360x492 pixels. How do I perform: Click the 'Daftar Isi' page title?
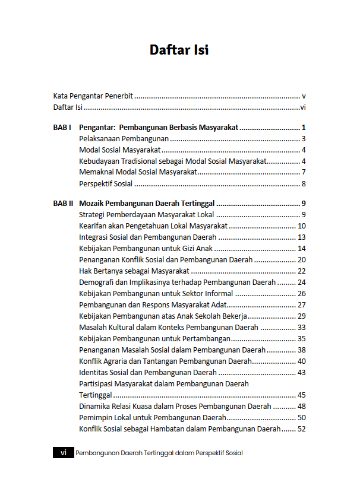click(179, 50)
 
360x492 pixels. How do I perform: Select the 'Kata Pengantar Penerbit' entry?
click(93, 95)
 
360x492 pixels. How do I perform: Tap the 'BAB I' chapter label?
click(62, 127)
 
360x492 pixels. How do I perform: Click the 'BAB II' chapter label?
click(63, 203)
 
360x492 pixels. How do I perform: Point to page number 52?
click(301, 428)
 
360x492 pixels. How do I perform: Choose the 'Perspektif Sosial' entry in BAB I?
click(106, 183)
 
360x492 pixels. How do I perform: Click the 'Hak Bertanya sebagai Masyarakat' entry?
click(131, 271)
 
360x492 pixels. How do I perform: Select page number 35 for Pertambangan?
click(301, 338)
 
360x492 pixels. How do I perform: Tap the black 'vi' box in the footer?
click(63, 452)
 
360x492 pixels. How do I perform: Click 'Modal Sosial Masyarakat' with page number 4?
click(120, 150)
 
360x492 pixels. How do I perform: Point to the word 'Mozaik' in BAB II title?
click(93, 203)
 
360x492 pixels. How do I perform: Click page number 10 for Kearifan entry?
click(301, 226)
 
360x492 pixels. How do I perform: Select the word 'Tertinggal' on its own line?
click(96, 395)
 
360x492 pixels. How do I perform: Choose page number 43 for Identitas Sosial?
click(301, 372)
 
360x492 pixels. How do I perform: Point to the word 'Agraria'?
click(122, 361)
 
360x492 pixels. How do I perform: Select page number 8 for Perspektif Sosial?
click(303, 183)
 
